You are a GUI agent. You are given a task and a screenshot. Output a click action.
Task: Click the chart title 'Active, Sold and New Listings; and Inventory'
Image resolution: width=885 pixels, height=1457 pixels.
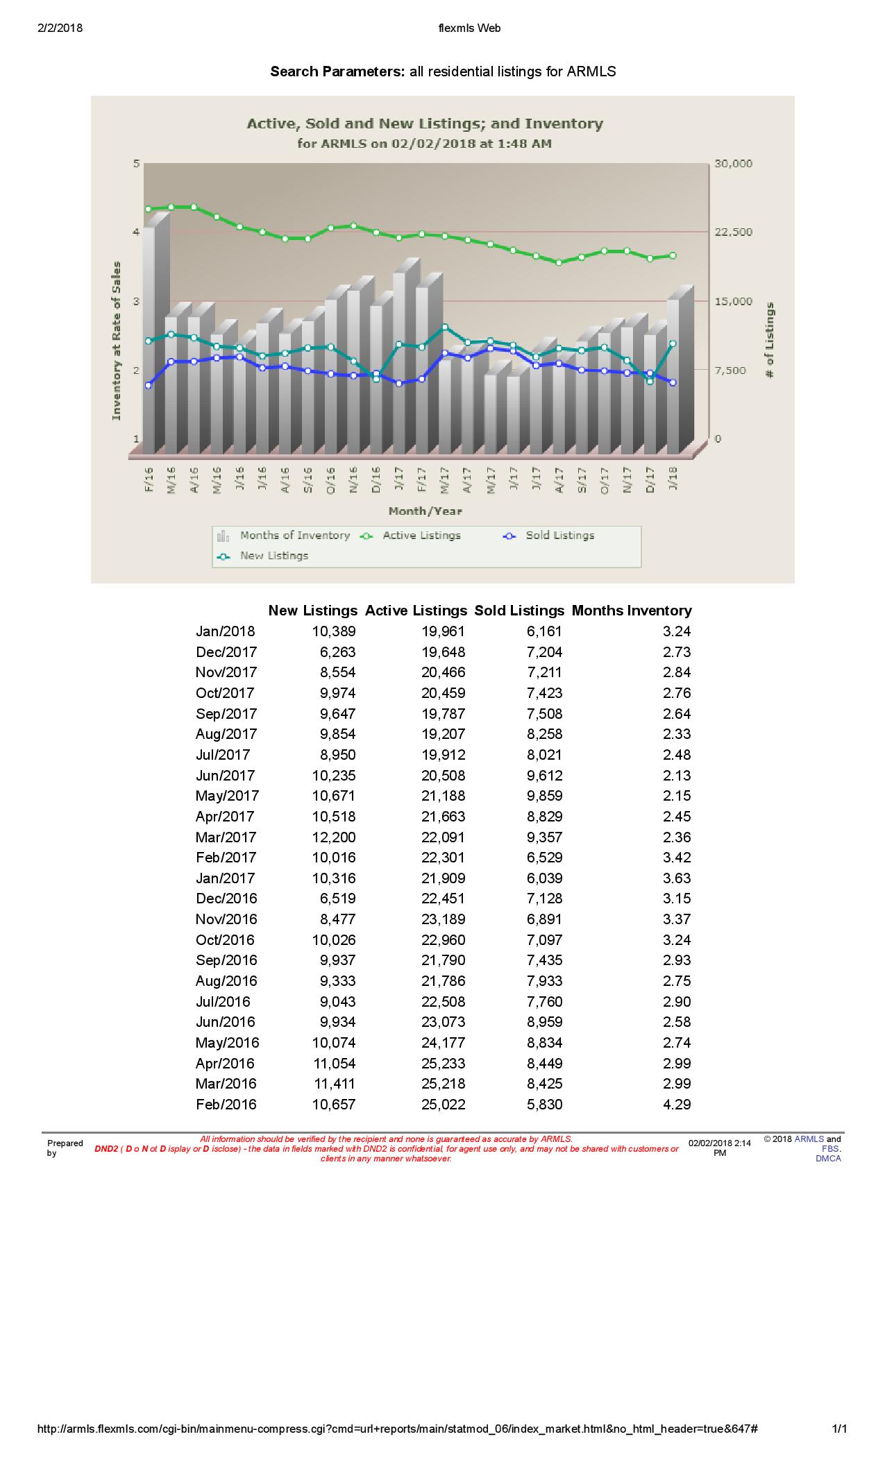[425, 124]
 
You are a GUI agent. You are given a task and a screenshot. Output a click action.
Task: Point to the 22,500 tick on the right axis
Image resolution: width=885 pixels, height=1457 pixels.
[733, 232]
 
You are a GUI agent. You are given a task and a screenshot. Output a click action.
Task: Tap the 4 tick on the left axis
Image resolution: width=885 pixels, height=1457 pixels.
[137, 232]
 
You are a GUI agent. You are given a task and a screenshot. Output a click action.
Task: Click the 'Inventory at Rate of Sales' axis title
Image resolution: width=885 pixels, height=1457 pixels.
[117, 341]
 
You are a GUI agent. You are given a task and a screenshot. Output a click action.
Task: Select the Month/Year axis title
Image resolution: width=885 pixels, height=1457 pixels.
[425, 511]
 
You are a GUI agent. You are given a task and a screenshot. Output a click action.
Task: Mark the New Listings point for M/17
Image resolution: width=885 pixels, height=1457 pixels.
[444, 327]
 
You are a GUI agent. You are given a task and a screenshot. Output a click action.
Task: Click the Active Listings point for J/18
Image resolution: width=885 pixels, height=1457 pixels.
[673, 255]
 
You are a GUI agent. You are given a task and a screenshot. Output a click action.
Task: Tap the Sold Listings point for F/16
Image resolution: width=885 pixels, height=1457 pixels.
[149, 385]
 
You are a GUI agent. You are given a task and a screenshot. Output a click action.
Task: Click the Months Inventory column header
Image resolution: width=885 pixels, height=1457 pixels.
[632, 611]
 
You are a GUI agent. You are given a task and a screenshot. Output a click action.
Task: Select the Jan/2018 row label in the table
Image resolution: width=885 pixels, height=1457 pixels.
[226, 631]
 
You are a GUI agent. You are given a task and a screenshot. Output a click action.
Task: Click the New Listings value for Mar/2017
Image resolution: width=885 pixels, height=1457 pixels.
[334, 837]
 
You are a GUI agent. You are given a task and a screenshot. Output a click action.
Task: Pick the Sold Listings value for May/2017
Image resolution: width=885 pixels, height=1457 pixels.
[544, 796]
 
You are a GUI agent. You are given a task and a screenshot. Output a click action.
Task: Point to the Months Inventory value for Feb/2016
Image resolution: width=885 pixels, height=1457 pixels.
[677, 1105]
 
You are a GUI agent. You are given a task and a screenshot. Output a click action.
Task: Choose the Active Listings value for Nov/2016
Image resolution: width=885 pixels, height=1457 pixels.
[443, 919]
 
